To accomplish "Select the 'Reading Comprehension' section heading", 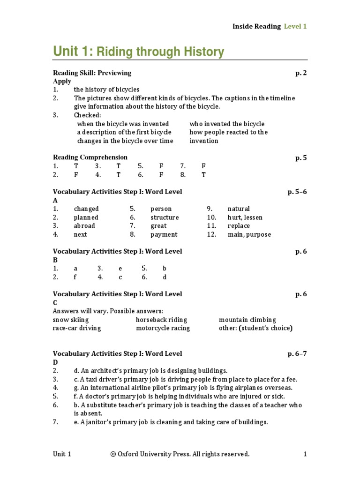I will (x=90, y=157).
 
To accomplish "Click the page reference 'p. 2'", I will (x=301, y=73).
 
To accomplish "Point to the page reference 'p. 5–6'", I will (x=297, y=192).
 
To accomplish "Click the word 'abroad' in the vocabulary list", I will (x=84, y=226).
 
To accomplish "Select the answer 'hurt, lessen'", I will (x=245, y=217).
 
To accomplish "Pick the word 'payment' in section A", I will (x=164, y=234).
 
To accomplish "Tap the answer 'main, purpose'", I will (x=249, y=234).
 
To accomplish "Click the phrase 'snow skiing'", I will (x=71, y=320).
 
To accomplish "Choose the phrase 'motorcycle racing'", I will (x=163, y=328).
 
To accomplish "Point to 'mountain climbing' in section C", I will (x=247, y=320).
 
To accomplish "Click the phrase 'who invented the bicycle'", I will (x=227, y=124).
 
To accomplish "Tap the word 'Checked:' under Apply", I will (x=87, y=115).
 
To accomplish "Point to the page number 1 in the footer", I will (x=305, y=454).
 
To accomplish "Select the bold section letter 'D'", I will (x=55, y=362).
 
